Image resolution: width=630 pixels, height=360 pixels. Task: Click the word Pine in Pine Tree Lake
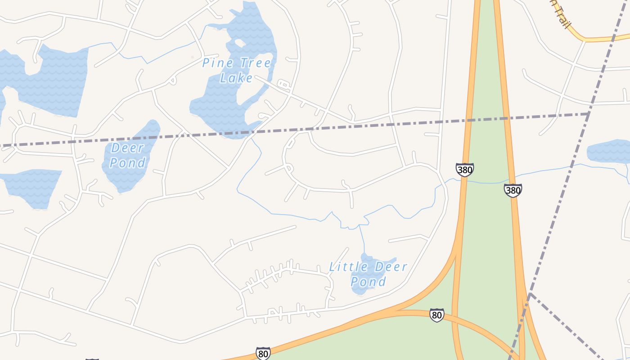[x=213, y=63]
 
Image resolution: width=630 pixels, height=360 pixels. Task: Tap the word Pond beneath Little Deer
[x=368, y=282]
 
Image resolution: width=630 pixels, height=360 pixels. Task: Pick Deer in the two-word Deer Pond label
[x=128, y=148]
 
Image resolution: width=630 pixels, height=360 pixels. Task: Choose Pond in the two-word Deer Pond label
[x=127, y=162]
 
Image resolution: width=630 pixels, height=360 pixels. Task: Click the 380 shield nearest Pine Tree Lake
[x=464, y=170]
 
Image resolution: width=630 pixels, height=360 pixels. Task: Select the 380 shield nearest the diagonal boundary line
[x=513, y=190]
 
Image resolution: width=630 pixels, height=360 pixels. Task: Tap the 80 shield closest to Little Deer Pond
[x=436, y=315]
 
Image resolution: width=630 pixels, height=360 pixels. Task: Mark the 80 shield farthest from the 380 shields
[x=263, y=353]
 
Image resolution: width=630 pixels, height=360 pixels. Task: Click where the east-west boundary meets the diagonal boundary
[x=589, y=114]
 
